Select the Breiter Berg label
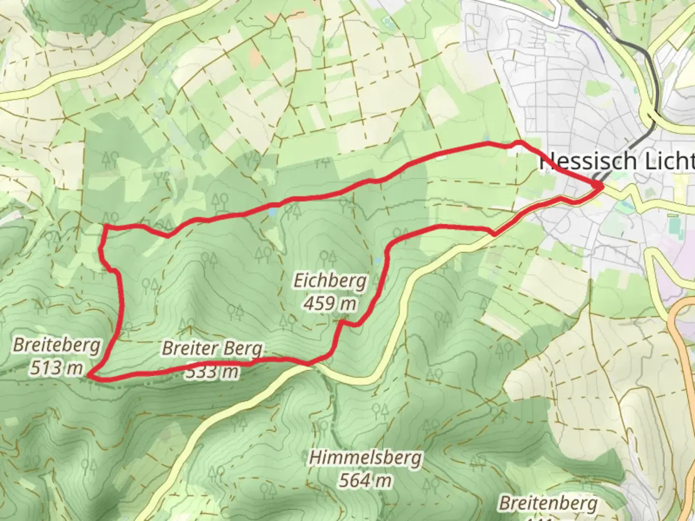point(212,348)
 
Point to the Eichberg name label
point(330,280)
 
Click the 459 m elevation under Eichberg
point(330,303)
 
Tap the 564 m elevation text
point(365,480)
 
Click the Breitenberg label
point(548,503)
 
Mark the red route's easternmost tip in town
point(602,186)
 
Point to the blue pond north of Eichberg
point(273,212)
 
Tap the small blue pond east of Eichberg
point(377,260)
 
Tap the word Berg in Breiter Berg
point(246,348)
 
